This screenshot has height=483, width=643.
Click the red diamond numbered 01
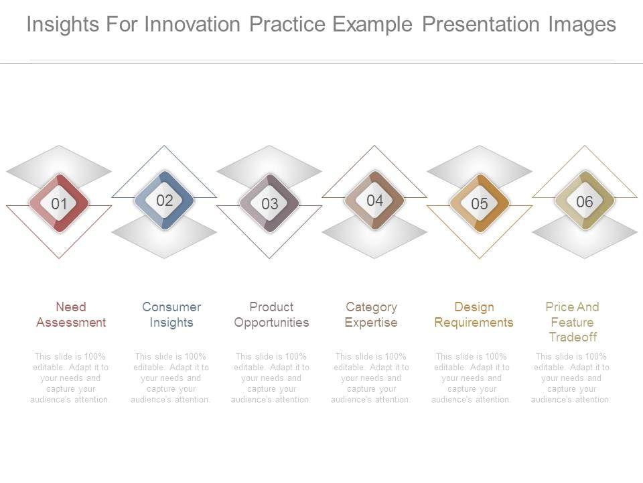coord(59,203)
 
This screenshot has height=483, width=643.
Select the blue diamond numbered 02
coord(165,200)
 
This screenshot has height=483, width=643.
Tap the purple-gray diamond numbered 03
coord(269,203)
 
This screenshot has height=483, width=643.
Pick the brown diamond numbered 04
coord(374,200)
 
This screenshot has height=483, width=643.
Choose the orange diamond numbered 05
coord(480,203)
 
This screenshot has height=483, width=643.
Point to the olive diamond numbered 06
coord(584,201)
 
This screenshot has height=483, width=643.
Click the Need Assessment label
coord(71,315)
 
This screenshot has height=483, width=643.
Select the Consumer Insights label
coord(171,315)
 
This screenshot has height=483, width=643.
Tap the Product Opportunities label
coord(271,315)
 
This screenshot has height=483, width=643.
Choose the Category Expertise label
coord(371,315)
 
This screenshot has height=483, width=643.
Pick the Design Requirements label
coord(474,315)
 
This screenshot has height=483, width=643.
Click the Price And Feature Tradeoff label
coord(573,322)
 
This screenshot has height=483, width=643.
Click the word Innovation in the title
coord(192,24)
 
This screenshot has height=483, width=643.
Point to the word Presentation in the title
coord(481,25)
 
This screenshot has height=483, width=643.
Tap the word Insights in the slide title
coord(63,25)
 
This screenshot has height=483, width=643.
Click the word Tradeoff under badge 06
coord(573,337)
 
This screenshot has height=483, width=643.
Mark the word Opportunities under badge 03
coord(271,323)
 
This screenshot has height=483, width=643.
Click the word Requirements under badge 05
coord(474,323)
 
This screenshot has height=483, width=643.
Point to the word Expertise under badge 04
coord(371,323)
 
